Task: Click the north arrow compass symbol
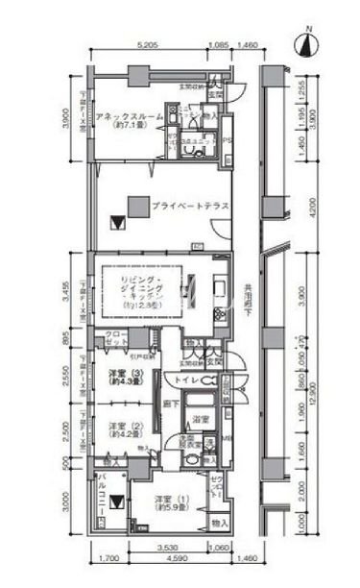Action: pos(306,44)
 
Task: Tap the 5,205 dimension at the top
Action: pos(147,45)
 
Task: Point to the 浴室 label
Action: pos(202,421)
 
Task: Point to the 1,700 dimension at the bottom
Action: pos(107,558)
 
